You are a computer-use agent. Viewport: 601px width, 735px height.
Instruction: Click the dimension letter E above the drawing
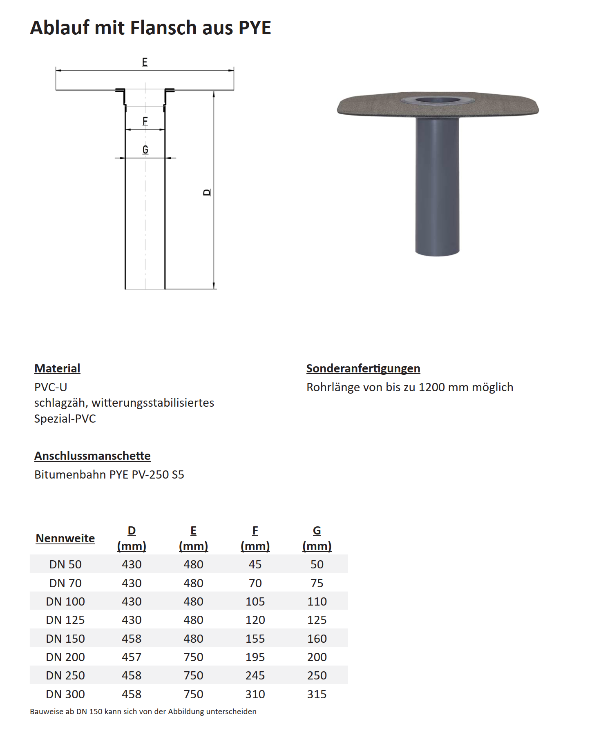pos(145,62)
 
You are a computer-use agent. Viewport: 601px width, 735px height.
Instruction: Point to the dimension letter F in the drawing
pos(145,121)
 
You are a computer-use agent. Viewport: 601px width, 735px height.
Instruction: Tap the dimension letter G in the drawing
pos(145,150)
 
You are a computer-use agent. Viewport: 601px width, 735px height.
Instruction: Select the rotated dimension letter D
pos(207,192)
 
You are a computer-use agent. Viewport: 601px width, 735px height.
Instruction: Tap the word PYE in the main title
pos(255,28)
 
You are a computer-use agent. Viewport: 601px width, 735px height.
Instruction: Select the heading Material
pos(57,368)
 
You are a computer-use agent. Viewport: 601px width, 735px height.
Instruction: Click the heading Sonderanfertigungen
pos(363,368)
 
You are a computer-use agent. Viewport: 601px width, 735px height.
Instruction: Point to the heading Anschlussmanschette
pos(92,456)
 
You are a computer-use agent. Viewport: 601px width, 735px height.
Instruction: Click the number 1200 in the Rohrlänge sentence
pos(431,387)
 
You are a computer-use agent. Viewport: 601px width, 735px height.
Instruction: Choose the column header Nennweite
pos(65,538)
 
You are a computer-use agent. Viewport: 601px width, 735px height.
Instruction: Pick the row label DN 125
pos(65,620)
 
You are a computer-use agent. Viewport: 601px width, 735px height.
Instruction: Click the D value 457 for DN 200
pos(132,657)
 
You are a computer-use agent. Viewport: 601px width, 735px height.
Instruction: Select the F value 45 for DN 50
pos(255,564)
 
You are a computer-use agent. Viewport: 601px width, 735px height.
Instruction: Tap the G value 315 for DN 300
pos(317,694)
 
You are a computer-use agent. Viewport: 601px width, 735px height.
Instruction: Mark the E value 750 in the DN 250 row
pos(193,675)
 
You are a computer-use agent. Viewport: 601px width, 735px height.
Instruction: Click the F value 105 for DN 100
pos(255,601)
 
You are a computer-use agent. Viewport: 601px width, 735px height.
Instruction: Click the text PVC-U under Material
pos(51,387)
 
